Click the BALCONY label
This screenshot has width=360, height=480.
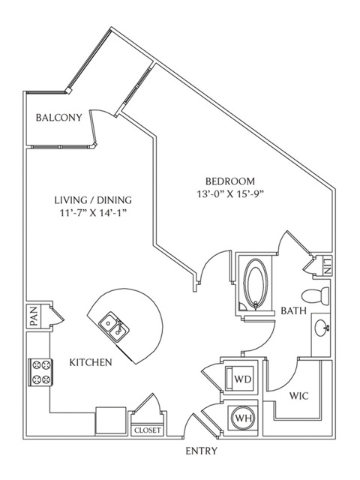pos(58,118)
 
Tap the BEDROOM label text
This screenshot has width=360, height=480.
pos(230,181)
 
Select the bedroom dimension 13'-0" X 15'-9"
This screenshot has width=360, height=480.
pos(230,194)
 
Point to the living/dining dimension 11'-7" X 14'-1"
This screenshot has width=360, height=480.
pos(93,213)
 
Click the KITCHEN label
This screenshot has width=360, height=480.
pos(91,362)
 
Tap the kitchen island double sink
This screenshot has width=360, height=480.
pos(114,326)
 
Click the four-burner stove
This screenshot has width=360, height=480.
pos(40,372)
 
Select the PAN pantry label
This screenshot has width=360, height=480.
pos(34,316)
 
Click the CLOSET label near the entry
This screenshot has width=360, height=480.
pos(148,430)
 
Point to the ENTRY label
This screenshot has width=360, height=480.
pos(202,451)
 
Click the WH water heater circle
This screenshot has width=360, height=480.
pos(244,418)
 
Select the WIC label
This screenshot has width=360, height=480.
pos(299,396)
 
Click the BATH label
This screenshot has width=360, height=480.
pos(293,311)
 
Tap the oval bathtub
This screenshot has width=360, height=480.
pos(256,283)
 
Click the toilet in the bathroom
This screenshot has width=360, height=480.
pos(315,296)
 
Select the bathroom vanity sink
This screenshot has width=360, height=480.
pos(322,328)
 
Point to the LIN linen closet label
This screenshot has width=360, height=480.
pos(326,266)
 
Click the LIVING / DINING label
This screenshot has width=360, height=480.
pos(93,200)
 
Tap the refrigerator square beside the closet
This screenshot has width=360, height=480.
pos(111,421)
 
